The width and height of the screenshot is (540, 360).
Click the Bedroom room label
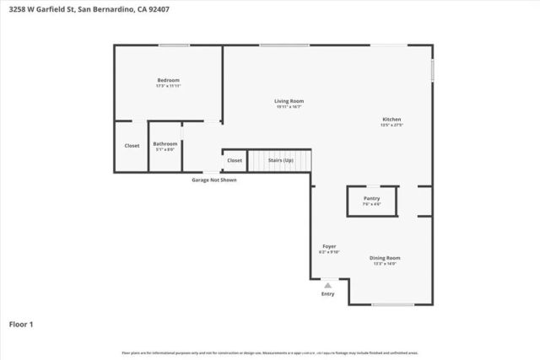pos(168,80)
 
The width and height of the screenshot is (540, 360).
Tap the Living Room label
pos(288,101)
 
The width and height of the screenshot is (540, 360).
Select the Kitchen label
pos(391,120)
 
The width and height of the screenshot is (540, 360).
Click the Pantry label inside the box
pos(371,198)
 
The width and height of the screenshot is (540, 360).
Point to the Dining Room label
pos(384,258)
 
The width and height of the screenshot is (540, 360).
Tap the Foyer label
pos(328,245)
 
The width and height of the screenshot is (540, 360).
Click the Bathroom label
pos(165,143)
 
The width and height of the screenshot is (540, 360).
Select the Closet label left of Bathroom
pos(132,146)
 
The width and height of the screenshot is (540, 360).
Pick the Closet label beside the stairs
pos(235,160)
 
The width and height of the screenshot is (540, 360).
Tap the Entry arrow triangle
pos(328,285)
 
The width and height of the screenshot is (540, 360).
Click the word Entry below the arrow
pos(328,294)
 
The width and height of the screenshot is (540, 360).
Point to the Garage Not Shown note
pos(213,180)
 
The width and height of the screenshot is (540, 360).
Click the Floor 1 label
pos(21,324)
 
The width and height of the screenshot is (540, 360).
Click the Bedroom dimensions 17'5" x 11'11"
pos(168,86)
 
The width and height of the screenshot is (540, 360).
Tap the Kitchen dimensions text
pos(391,126)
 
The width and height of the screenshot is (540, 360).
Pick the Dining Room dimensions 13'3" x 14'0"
pos(384,264)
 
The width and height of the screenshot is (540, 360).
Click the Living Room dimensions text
pos(288,107)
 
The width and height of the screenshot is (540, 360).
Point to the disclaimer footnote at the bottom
pos(270,352)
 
